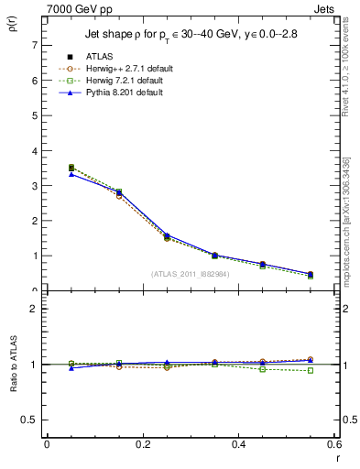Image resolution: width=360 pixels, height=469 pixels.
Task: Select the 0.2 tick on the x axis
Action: (x=142, y=444)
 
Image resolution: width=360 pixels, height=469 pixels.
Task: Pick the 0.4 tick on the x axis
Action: (x=238, y=444)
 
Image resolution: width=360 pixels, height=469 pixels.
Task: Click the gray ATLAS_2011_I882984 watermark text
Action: (x=190, y=273)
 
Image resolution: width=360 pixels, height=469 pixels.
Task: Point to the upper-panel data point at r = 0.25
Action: (x=142, y=237)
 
